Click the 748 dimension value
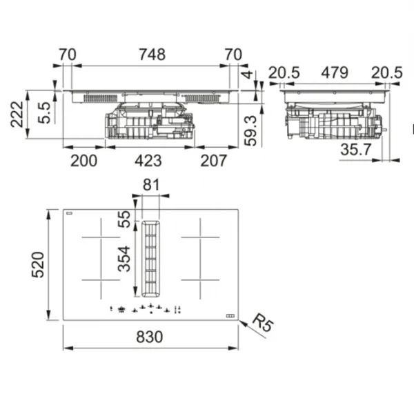[152, 54]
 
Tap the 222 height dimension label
[17, 115]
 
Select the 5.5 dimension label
[44, 112]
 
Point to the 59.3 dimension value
[250, 130]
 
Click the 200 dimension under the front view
[83, 161]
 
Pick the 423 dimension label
[148, 161]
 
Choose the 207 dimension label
[213, 161]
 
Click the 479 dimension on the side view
[335, 72]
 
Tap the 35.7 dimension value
[356, 150]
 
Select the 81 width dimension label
[151, 185]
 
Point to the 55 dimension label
[124, 219]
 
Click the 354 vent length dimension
[124, 259]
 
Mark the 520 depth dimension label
[38, 265]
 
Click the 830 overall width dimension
[150, 337]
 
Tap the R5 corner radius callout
[262, 322]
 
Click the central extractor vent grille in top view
[150, 259]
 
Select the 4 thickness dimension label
[248, 75]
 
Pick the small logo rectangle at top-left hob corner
[69, 213]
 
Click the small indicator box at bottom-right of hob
[230, 316]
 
